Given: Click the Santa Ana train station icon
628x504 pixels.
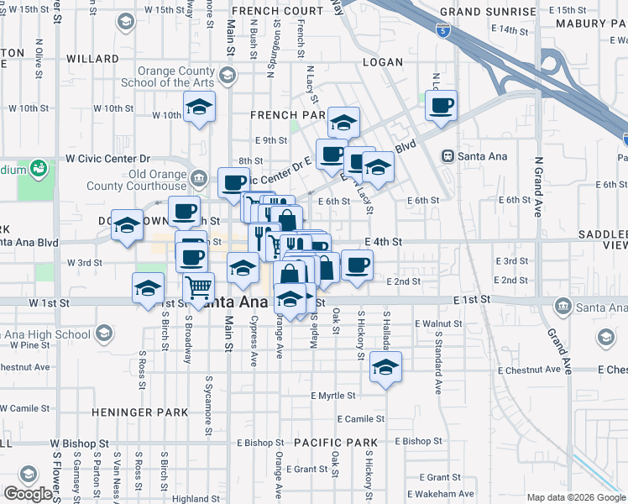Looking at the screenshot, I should click(x=448, y=155).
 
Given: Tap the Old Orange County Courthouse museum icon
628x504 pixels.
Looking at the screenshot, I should click(x=200, y=177).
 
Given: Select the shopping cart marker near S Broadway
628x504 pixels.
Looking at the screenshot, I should click(x=199, y=288).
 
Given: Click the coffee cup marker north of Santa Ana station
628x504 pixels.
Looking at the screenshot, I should click(x=441, y=106).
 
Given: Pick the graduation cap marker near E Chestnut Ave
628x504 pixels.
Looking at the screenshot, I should click(x=385, y=367).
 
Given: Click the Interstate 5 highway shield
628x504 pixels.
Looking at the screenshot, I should click(x=444, y=33).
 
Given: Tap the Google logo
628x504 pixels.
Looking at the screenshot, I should click(x=28, y=494).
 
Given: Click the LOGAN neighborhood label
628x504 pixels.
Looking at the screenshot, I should click(x=383, y=62).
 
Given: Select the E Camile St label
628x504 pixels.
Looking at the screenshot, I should click(x=361, y=418).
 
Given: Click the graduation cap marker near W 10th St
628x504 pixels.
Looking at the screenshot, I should click(x=199, y=107).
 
